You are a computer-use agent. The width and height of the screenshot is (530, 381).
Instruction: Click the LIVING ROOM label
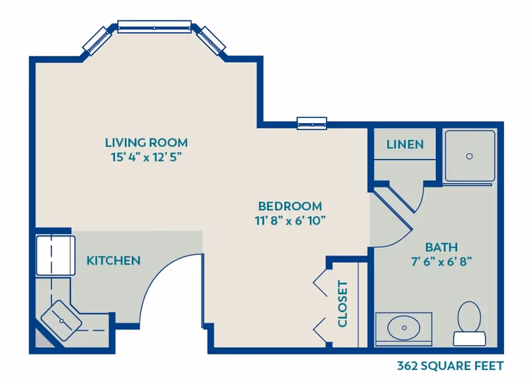(x=146, y=142)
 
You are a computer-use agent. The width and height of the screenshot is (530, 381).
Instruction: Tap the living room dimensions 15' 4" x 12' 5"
(x=146, y=158)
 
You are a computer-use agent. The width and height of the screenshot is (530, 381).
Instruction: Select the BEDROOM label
(x=290, y=206)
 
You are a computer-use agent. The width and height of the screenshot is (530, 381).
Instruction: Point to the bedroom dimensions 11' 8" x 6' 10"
(x=290, y=221)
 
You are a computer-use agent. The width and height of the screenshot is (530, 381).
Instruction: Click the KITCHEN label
(x=113, y=260)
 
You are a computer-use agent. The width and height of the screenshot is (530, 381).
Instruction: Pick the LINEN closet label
(x=404, y=144)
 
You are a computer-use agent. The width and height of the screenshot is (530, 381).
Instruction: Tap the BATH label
(x=441, y=247)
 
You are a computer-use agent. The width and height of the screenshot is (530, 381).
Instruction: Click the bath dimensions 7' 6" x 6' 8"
(x=441, y=262)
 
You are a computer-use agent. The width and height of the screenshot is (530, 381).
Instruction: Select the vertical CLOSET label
(x=343, y=304)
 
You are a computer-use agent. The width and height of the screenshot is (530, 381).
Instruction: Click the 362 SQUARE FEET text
(x=450, y=366)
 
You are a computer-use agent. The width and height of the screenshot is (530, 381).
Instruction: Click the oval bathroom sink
(x=403, y=327)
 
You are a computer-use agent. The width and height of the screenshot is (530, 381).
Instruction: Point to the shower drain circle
(x=469, y=156)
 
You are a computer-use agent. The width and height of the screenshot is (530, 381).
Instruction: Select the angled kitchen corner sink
(x=62, y=320)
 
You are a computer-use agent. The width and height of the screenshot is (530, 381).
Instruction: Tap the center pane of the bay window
(x=154, y=27)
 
